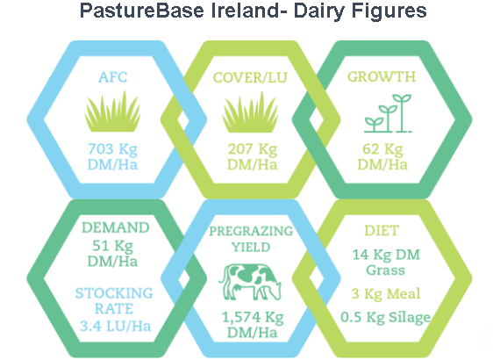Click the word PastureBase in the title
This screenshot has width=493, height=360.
[x=142, y=10]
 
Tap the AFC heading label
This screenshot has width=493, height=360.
[x=113, y=77]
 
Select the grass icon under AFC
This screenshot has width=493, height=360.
[x=112, y=112]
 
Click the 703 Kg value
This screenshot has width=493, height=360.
[x=112, y=149]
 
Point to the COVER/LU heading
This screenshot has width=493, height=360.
[x=250, y=77]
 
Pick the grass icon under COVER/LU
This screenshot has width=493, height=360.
[x=250, y=112]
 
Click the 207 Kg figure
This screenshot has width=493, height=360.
[x=253, y=149]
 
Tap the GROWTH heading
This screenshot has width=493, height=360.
[x=382, y=76]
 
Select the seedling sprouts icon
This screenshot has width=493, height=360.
[x=388, y=113]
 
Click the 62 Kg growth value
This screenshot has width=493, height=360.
[x=382, y=149]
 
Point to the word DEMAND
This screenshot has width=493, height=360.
[x=116, y=227]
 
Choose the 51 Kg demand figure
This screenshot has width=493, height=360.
[x=112, y=246]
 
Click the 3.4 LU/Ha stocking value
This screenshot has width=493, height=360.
[x=115, y=326]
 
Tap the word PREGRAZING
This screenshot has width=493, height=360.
[x=251, y=231]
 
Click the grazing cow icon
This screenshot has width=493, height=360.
[x=250, y=282]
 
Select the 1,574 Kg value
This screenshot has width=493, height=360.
[x=253, y=317]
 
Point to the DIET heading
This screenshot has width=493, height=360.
[x=382, y=231]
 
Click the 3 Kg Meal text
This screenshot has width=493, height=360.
[x=385, y=294]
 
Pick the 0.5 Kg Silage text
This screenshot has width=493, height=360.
[x=385, y=317]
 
